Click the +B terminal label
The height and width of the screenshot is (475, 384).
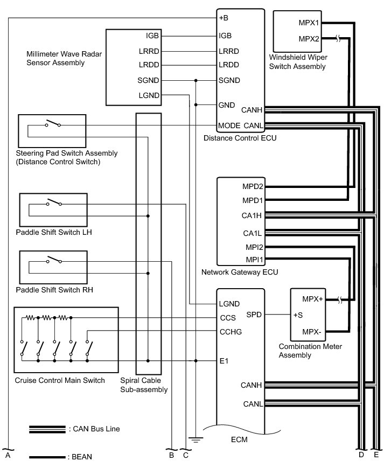coord(224,18)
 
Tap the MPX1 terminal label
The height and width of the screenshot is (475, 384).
coord(309,23)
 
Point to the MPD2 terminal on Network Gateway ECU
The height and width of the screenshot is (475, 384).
coord(253,187)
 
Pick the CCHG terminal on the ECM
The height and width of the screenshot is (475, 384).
coord(231,332)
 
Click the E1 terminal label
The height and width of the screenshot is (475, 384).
coord(224,361)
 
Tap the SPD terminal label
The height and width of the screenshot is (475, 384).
coord(254,315)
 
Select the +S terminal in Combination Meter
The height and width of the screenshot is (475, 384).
coord(298,315)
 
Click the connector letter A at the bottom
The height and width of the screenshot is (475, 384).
coord(8,455)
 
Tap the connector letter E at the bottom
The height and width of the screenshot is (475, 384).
coord(376,455)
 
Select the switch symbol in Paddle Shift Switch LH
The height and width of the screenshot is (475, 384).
coord(53,203)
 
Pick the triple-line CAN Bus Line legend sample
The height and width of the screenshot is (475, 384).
coord(47,429)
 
